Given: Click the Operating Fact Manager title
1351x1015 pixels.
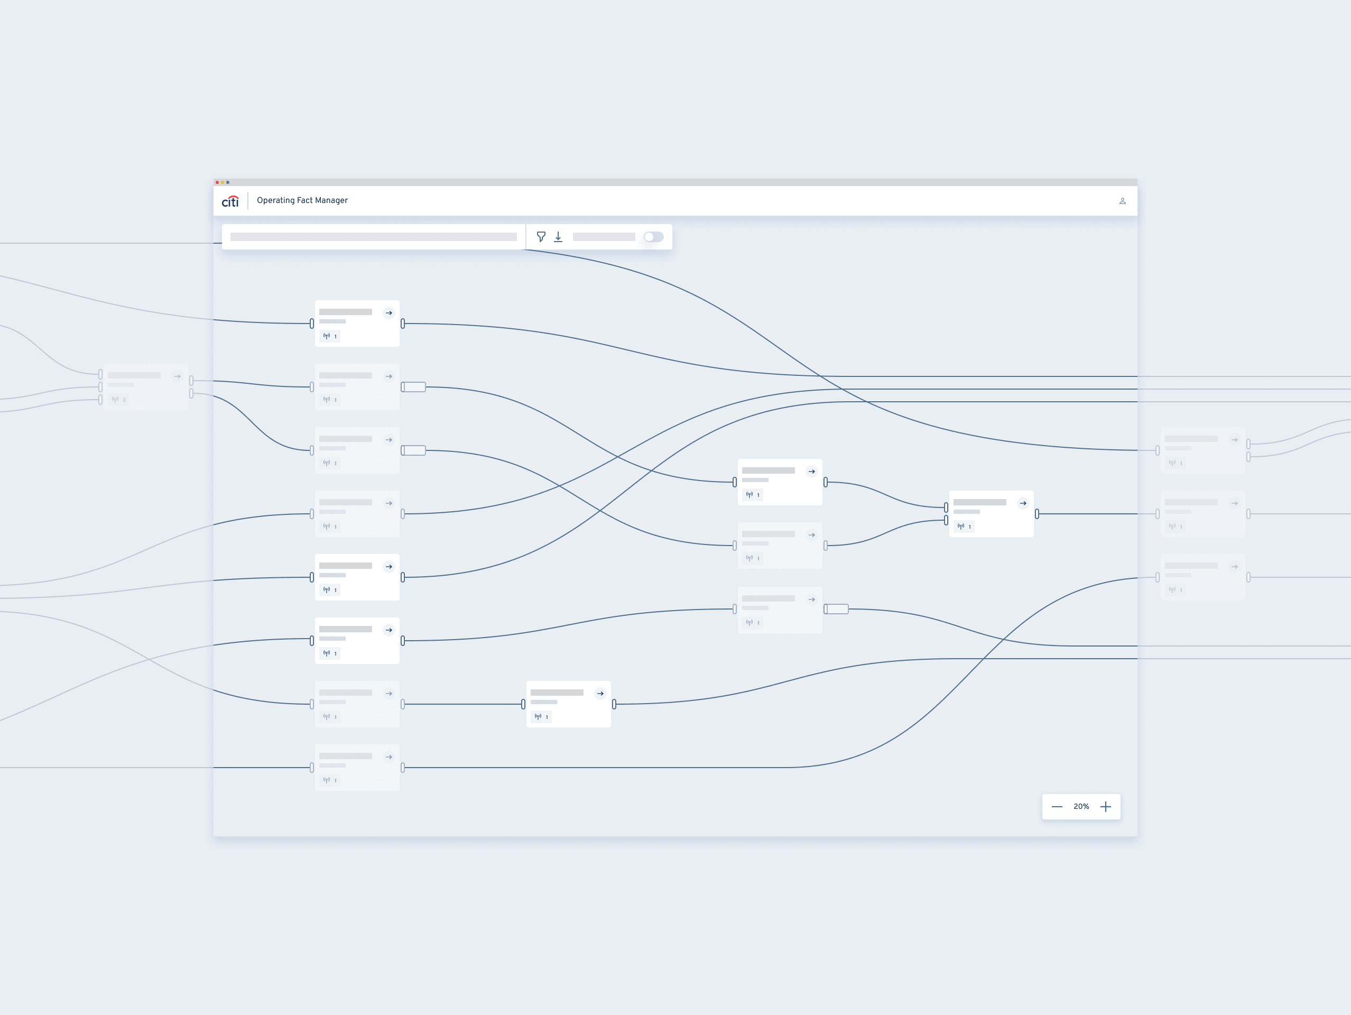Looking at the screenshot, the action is coord(302,200).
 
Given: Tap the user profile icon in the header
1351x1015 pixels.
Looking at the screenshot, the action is coord(1123,201).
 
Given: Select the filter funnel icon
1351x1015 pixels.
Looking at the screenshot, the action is coord(541,237).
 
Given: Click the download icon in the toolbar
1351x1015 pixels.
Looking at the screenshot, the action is coord(558,237).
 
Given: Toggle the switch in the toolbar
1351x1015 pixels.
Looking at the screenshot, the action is coord(653,237).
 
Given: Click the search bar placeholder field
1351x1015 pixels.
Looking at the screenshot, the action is coord(373,237).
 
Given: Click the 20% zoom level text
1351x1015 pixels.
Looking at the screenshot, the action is coord(1081,807).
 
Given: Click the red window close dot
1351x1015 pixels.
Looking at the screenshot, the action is coord(217,182).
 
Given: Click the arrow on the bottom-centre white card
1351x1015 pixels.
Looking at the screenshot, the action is coord(600,694).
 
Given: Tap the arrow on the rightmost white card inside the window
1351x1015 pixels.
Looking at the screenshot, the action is coord(1023,503).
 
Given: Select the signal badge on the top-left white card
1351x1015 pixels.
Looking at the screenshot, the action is coord(330,336).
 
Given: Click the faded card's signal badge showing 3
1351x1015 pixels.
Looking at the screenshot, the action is coord(118,400).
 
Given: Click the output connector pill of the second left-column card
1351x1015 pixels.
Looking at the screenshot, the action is coord(413,387).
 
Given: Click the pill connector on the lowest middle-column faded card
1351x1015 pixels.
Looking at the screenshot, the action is coord(836,609).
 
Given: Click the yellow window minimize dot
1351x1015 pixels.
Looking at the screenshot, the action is coord(223,182).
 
